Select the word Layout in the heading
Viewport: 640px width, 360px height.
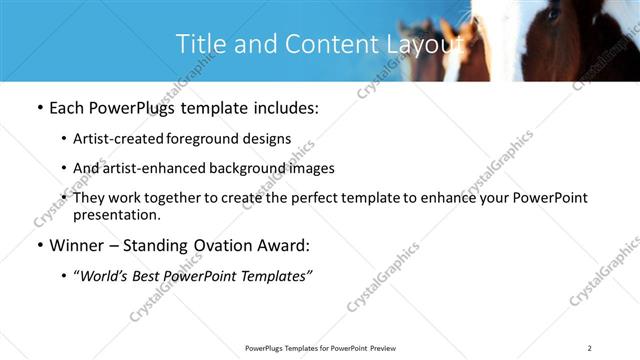pos(425,44)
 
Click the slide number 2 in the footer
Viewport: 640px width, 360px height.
pos(590,347)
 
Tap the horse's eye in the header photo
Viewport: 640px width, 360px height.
pos(552,14)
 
